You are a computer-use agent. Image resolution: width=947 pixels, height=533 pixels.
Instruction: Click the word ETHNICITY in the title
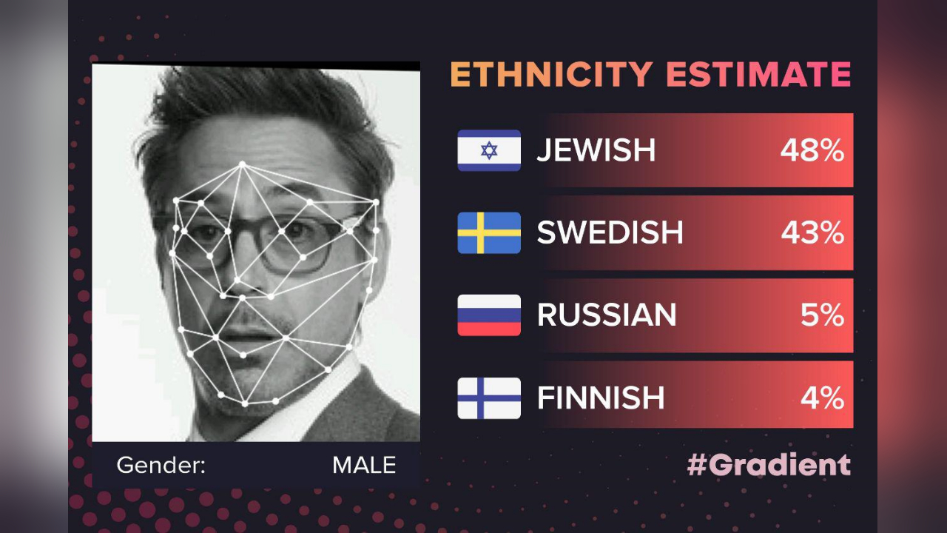click(551, 75)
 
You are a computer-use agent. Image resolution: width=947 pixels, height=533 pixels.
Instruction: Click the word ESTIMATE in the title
click(758, 75)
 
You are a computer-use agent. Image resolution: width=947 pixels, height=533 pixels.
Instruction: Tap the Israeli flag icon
click(489, 150)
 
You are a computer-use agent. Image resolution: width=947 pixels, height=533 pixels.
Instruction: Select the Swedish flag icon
click(489, 233)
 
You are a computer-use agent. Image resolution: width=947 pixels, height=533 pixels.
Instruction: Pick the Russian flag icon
click(489, 315)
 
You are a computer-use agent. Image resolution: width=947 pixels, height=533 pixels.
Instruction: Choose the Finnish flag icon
click(489, 398)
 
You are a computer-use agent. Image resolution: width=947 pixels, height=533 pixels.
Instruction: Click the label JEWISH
click(596, 151)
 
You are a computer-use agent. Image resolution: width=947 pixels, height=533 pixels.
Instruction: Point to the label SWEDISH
click(610, 233)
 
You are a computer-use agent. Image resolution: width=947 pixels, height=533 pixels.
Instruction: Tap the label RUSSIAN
click(607, 315)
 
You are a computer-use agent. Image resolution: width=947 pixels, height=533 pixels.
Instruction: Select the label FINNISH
click(601, 398)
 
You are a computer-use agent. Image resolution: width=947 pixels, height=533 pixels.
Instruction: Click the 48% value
click(812, 151)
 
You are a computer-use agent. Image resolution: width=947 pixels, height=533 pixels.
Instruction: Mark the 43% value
click(812, 233)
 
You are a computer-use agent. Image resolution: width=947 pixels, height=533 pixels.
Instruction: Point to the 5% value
click(822, 315)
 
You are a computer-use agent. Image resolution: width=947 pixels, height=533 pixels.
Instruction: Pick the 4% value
click(822, 398)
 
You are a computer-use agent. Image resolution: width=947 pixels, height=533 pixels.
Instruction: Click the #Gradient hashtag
click(769, 465)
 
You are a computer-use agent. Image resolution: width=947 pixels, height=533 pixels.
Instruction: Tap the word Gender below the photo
click(161, 465)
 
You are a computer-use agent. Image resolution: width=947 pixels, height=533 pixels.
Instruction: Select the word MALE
click(363, 465)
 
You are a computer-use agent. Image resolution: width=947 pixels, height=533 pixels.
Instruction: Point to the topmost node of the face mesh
click(241, 164)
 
